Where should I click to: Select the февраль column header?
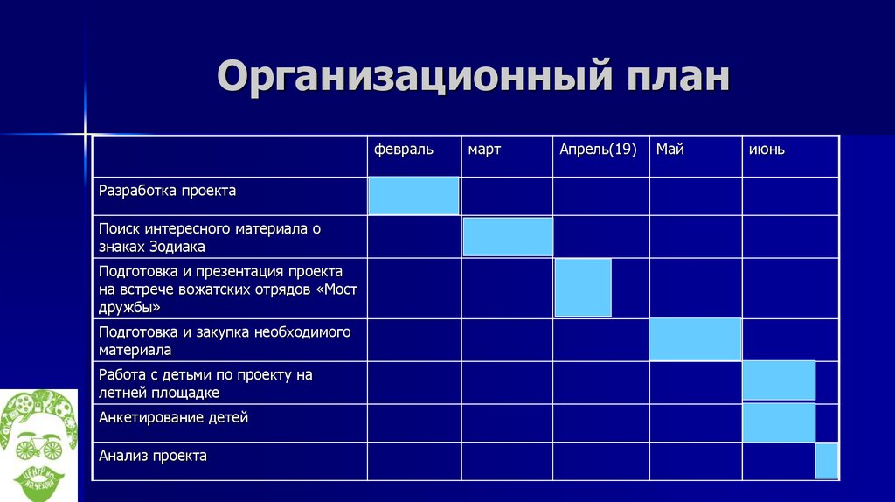403,150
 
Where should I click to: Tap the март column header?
484,150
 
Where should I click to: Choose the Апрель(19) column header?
598,150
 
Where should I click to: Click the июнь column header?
767,150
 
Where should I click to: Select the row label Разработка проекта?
167,190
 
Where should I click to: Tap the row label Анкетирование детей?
173,417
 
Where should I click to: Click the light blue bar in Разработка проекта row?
413,195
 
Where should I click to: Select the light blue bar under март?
507,236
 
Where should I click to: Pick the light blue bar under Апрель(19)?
583,288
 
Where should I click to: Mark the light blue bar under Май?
695,339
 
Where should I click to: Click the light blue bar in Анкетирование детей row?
778,422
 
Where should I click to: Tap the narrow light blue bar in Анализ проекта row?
826,461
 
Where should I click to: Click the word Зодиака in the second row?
177,247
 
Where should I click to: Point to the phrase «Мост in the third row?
341,289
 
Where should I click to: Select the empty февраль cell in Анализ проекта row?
413,461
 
